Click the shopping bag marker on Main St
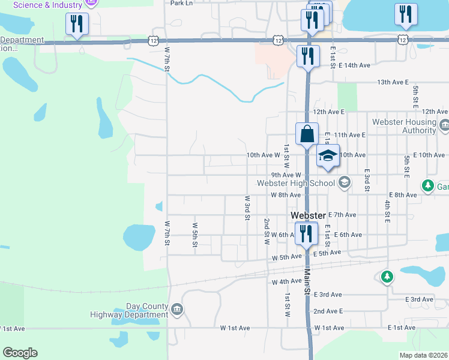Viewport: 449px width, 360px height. [x=307, y=134]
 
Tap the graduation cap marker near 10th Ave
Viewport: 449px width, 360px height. [x=328, y=156]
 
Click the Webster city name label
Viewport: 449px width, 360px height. [x=308, y=215]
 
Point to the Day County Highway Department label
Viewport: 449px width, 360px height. [x=129, y=310]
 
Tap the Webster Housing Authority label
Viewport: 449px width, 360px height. [x=404, y=126]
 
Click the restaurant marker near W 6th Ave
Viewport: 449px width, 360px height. [x=307, y=233]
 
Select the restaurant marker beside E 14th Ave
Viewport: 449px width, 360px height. [x=307, y=56]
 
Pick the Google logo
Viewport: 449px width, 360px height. [x=20, y=353]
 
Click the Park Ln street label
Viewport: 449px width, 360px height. [x=181, y=3]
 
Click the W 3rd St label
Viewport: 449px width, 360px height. [x=247, y=208]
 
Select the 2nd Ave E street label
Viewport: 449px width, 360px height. [x=328, y=311]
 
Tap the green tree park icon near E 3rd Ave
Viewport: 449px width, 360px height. [x=387, y=277]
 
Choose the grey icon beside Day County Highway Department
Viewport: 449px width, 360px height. [x=177, y=309]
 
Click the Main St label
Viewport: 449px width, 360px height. [x=307, y=281]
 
